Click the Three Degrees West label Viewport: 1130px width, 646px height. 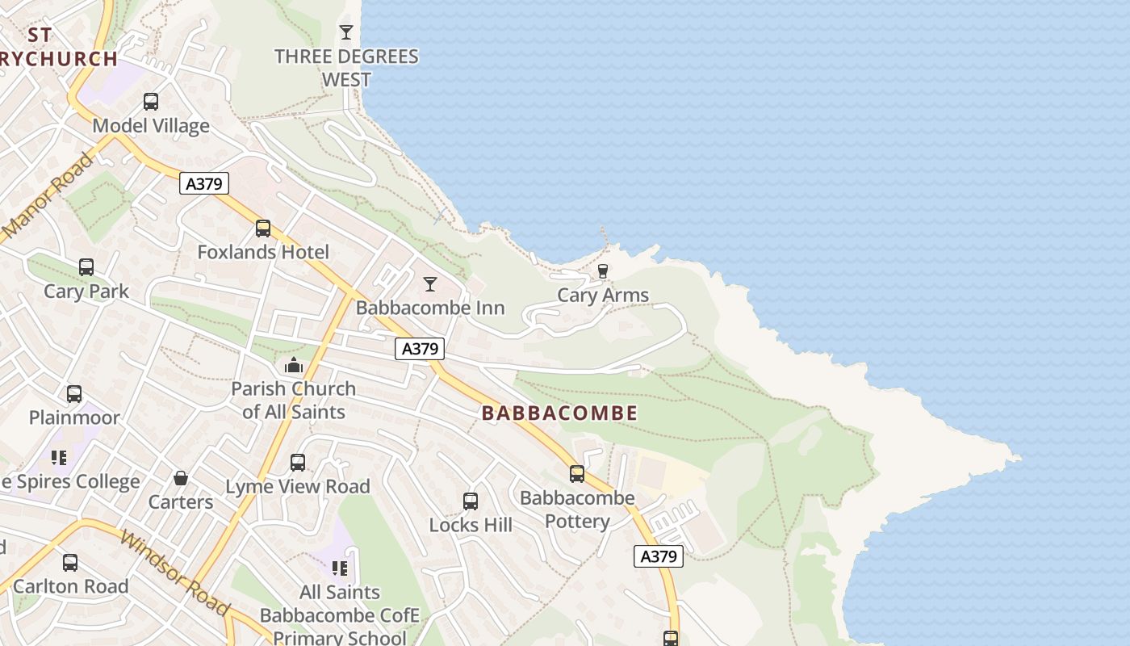click(346, 68)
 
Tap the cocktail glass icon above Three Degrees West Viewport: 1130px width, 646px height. click(346, 32)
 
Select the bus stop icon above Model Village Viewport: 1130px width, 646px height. click(151, 102)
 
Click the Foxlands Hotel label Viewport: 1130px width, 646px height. click(263, 252)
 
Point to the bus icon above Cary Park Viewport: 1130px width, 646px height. click(86, 267)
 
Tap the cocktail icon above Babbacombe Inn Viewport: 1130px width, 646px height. click(430, 284)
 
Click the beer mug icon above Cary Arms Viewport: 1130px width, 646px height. click(602, 271)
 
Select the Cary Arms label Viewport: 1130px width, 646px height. click(603, 296)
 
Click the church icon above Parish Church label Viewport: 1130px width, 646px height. click(294, 366)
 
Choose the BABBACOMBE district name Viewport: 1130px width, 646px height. click(559, 413)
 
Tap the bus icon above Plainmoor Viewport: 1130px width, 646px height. click(74, 394)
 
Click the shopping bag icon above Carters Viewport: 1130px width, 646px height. click(181, 479)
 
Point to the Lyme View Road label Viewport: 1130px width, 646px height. click(297, 486)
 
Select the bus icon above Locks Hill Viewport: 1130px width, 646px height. click(471, 501)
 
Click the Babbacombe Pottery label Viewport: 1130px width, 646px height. click(577, 510)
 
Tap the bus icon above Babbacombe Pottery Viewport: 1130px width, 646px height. click(577, 474)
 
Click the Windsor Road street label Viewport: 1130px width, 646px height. click(174, 572)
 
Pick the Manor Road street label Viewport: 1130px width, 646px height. click(48, 196)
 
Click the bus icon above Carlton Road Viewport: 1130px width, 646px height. click(70, 563)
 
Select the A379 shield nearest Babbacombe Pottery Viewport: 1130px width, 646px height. click(658, 556)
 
